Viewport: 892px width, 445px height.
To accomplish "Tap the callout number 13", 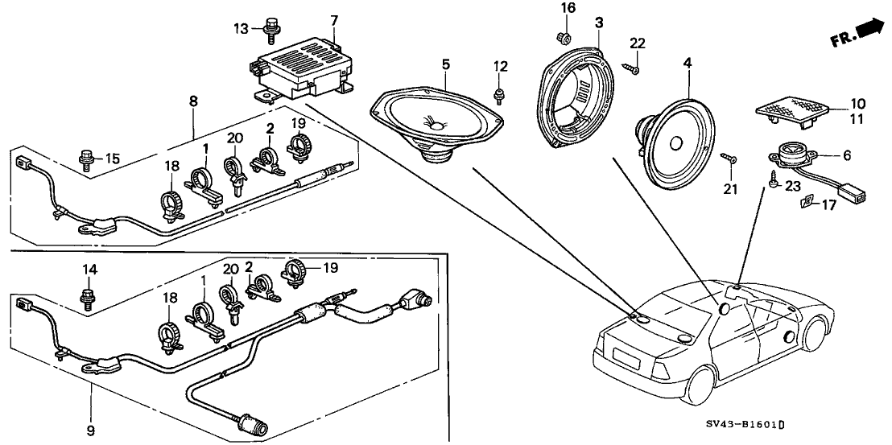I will (242, 29).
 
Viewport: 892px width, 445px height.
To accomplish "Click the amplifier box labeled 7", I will (304, 66).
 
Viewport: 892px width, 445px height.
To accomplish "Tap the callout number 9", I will (91, 430).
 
